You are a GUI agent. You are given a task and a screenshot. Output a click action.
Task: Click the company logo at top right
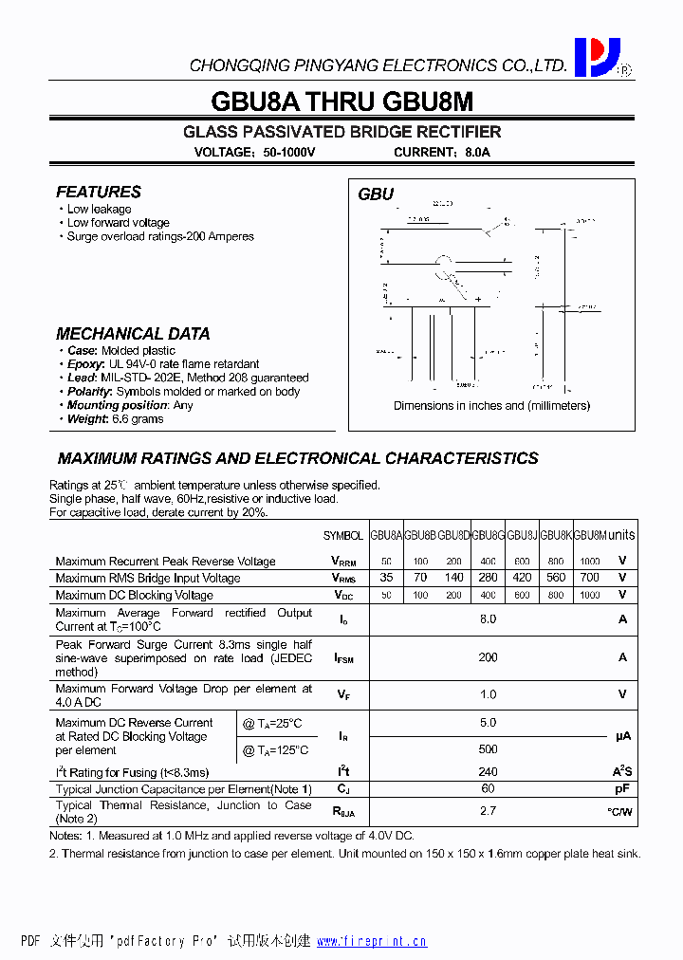coord(597,57)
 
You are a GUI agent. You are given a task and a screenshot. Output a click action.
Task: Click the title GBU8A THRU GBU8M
coord(342,102)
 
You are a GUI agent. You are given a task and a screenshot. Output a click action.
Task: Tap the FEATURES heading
coord(99,192)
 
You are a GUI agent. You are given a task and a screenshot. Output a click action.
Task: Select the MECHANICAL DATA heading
coord(133,334)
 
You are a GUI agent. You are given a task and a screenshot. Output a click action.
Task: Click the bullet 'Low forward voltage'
coord(118,223)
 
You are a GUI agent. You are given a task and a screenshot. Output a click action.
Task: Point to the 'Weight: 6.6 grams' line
coord(115,418)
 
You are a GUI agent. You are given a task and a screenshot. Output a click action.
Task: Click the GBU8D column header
coord(453,535)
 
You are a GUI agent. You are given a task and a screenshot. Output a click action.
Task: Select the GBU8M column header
coord(590,535)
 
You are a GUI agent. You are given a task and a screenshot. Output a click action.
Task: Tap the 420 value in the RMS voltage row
coord(522,577)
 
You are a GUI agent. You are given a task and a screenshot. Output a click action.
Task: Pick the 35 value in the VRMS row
coord(386,577)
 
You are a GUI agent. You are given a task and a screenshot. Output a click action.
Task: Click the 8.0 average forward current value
coord(488,618)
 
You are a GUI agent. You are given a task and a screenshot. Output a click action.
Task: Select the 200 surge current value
coord(488,656)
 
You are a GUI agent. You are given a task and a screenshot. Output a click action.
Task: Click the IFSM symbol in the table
coord(343,657)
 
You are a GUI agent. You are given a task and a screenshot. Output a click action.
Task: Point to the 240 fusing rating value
coord(488,772)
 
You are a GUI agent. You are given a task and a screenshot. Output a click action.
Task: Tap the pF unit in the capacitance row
coord(622,789)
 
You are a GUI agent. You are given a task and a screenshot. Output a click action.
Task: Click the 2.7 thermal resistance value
coord(488,811)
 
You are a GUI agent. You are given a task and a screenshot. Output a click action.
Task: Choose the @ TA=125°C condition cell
coord(275,750)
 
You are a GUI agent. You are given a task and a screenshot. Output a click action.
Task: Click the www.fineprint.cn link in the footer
coord(371,941)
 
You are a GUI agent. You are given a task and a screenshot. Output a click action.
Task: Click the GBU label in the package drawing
coord(376,194)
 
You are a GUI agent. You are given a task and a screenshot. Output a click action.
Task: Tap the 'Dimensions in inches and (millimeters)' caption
coord(491,405)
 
